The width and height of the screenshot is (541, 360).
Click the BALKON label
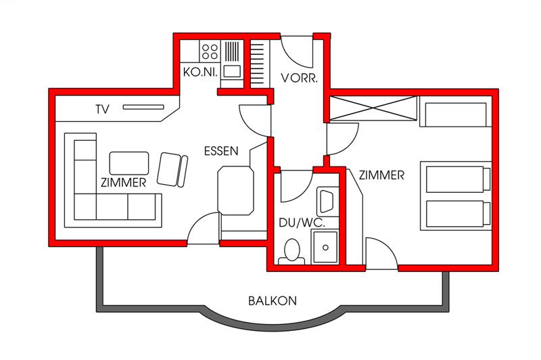(273, 300)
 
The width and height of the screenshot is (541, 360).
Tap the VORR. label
(299, 78)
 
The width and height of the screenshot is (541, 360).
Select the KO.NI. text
(200, 72)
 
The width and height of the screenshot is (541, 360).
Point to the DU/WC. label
(302, 223)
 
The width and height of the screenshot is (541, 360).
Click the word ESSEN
(221, 151)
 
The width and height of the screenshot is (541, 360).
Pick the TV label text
(103, 110)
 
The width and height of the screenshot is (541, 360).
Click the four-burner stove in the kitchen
(210, 51)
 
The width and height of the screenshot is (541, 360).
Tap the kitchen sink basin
(232, 72)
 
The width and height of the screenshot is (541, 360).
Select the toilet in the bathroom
(292, 251)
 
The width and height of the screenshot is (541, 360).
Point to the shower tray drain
(325, 248)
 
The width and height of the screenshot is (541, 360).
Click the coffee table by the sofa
(129, 163)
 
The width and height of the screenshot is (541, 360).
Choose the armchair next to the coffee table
(172, 169)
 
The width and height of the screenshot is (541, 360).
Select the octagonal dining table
(235, 191)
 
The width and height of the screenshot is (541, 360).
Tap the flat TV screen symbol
(143, 108)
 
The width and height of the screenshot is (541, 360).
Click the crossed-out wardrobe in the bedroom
(373, 108)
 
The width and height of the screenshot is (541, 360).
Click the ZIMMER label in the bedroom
(381, 175)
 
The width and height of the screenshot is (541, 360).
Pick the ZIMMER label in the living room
(123, 183)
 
